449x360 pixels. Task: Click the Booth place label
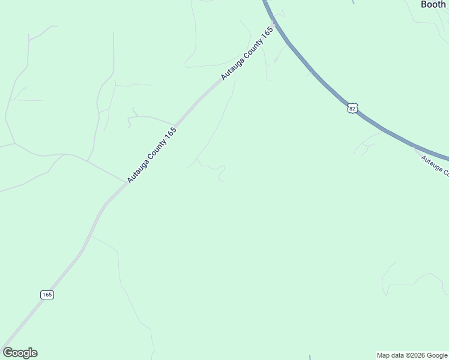pyautogui.click(x=433, y=4)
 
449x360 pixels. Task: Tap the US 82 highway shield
pyautogui.click(x=352, y=108)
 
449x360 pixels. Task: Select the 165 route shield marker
pyautogui.click(x=47, y=295)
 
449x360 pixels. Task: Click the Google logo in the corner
pyautogui.click(x=20, y=353)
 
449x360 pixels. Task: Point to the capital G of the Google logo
pyautogui.click(x=8, y=353)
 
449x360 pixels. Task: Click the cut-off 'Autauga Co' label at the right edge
pyautogui.click(x=435, y=166)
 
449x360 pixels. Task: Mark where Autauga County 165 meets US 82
pyautogui.click(x=273, y=25)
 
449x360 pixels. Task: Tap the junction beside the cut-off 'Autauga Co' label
pyautogui.click(x=414, y=146)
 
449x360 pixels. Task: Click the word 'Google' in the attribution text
pyautogui.click(x=438, y=355)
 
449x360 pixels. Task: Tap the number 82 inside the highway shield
pyautogui.click(x=352, y=108)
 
